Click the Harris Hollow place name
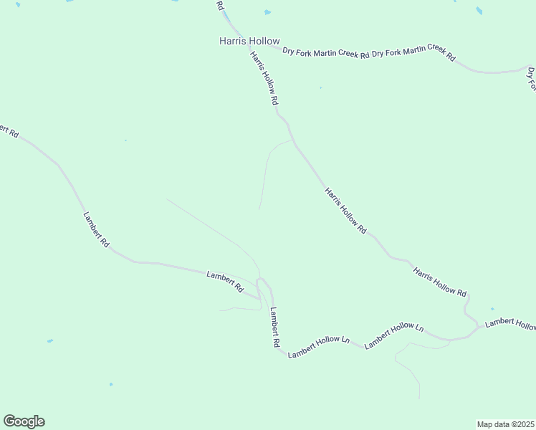pyautogui.click(x=249, y=42)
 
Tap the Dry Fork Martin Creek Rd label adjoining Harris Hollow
pyautogui.click(x=325, y=52)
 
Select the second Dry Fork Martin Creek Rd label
pyautogui.click(x=413, y=52)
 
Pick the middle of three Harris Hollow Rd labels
pyautogui.click(x=345, y=211)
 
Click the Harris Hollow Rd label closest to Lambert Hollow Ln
pyautogui.click(x=440, y=282)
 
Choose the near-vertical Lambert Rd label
pyautogui.click(x=274, y=328)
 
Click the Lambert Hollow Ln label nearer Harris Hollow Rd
pyautogui.click(x=394, y=335)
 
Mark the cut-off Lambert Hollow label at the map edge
pyautogui.click(x=510, y=324)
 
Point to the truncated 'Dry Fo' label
pyautogui.click(x=532, y=79)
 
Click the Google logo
pyautogui.click(x=24, y=421)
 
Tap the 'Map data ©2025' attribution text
pyautogui.click(x=506, y=424)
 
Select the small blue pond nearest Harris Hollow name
pyautogui.click(x=267, y=12)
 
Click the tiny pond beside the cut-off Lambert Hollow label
pyautogui.click(x=492, y=309)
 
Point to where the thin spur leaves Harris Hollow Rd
pyautogui.click(x=292, y=140)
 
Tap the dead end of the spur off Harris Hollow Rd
pyautogui.click(x=259, y=209)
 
